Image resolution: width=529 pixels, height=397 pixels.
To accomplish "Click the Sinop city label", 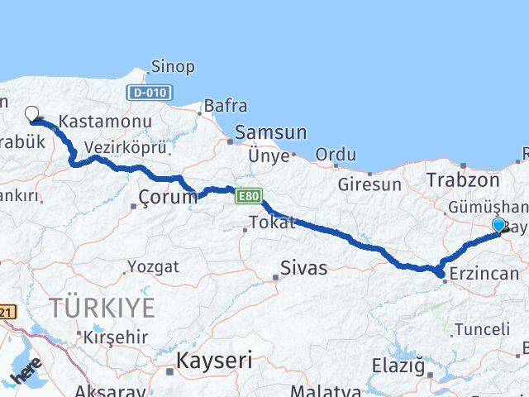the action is tap(174, 66).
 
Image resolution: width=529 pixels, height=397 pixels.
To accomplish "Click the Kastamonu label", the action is tap(105, 122).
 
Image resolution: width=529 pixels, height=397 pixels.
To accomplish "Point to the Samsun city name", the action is tap(270, 132).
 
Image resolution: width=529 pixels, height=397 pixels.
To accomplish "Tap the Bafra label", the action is tap(225, 106).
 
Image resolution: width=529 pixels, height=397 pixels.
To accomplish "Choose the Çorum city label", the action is tap(168, 197).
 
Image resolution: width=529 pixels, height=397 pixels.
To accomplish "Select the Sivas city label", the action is tap(303, 268).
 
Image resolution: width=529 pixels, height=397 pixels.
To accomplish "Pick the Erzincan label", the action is tap(485, 274).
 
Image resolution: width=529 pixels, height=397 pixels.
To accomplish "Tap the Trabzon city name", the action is tap(463, 179).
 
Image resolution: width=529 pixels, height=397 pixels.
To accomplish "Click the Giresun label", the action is tap(369, 185).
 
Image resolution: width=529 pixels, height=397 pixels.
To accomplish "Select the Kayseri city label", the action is tap(214, 361).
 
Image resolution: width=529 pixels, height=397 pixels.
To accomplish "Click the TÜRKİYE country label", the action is tap(102, 309).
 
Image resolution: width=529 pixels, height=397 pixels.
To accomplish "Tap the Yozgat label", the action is tap(152, 267).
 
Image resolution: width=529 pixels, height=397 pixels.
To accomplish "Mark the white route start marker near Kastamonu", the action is tap(32, 114).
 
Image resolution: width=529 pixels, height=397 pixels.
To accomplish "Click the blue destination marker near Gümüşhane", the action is tap(498, 225).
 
